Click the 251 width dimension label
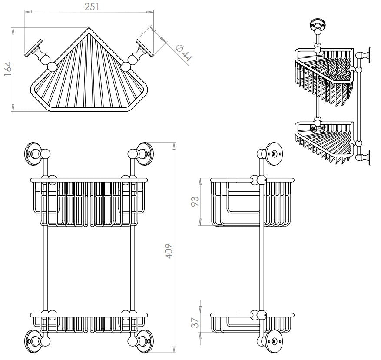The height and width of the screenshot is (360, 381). (x=89, y=6)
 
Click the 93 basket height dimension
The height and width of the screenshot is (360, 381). (x=195, y=202)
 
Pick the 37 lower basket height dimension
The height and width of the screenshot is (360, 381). (x=195, y=322)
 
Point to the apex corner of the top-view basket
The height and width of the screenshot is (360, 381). (x=89, y=30)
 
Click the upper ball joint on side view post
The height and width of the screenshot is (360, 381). (x=262, y=180)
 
